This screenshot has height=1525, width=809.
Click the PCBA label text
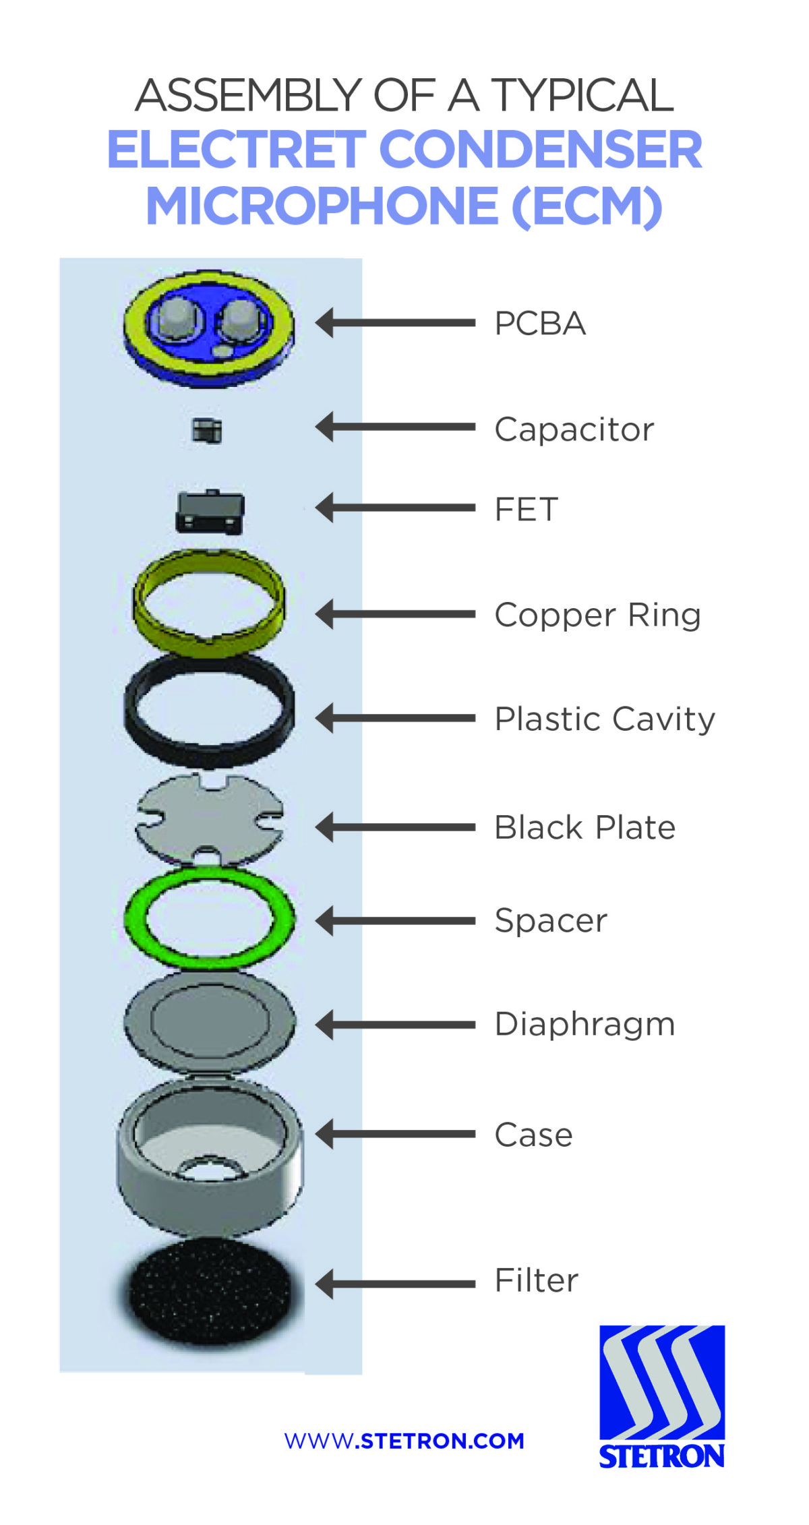coord(539,324)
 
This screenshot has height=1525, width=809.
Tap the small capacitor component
coord(207,430)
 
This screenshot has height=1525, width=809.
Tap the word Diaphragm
coord(585,1024)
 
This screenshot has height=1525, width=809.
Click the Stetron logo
coord(662,1396)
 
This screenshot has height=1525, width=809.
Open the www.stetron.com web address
coord(404,1441)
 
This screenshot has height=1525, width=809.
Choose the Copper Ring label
coord(597,615)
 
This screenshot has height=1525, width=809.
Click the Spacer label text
coord(551,921)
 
